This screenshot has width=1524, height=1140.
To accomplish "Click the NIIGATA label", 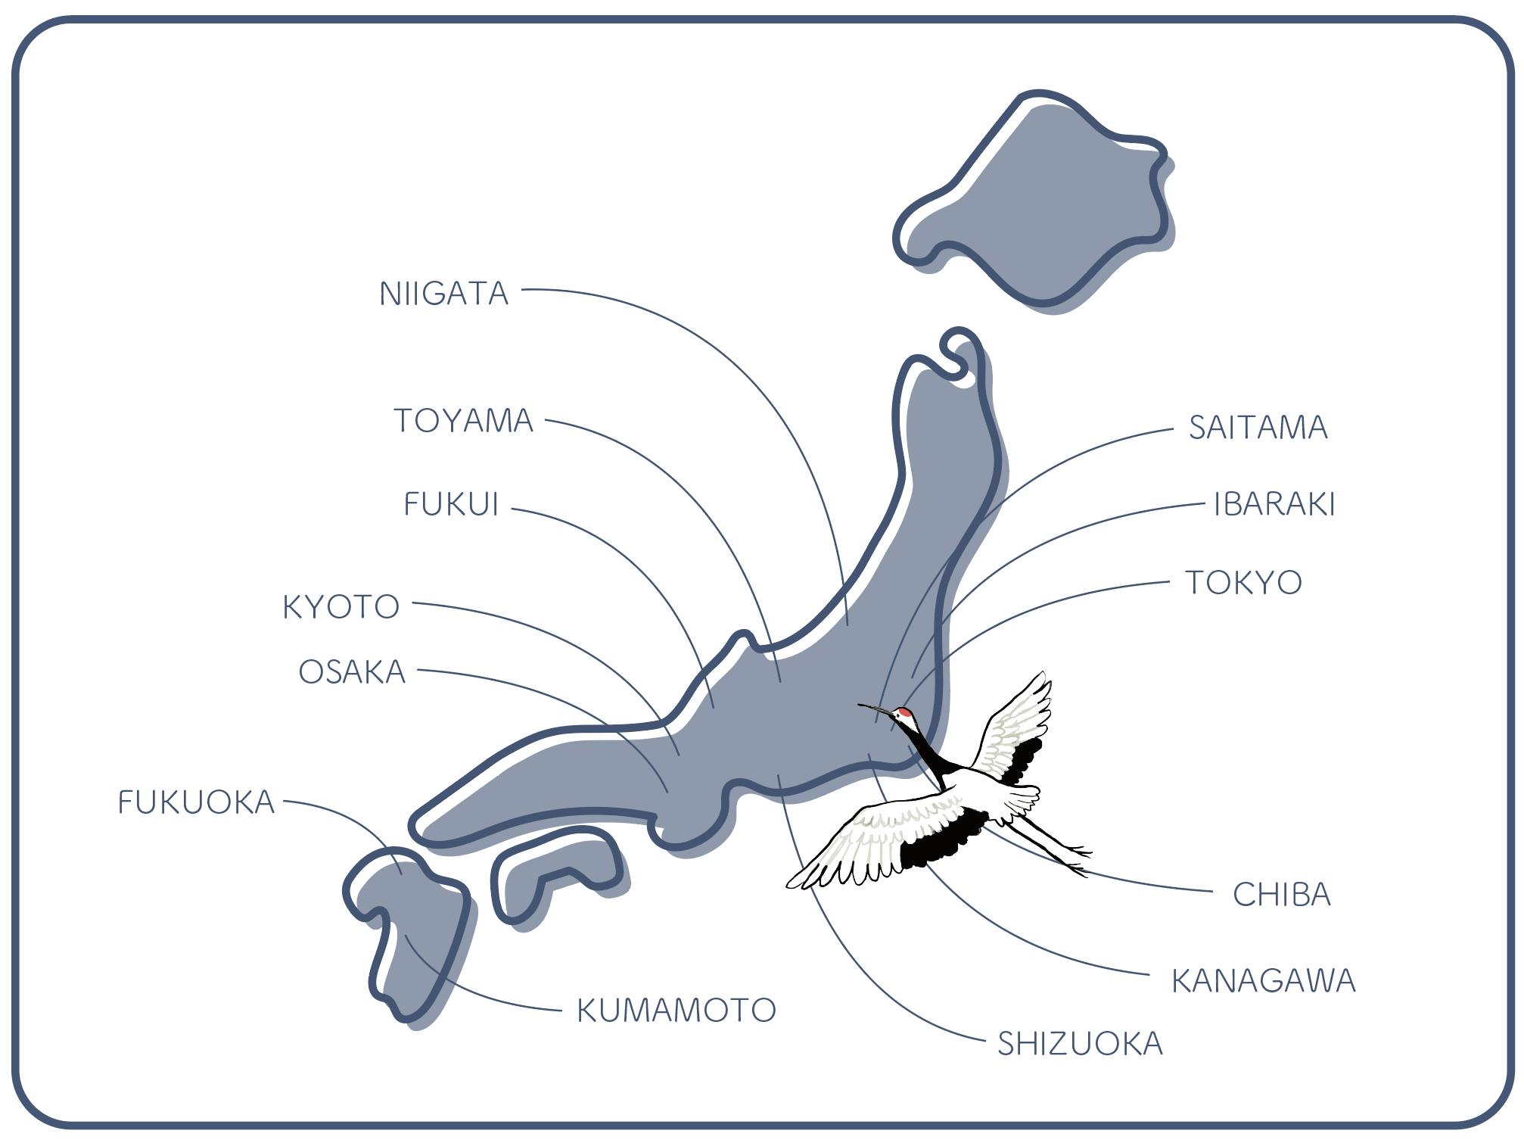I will click(443, 294).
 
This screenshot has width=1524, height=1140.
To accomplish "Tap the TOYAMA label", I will click(463, 421).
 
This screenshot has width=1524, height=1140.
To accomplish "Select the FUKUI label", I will click(451, 504).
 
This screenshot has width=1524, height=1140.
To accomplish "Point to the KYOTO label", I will click(341, 607).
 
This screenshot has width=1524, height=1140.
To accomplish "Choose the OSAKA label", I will click(352, 672).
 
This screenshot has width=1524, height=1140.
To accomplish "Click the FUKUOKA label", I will click(196, 802).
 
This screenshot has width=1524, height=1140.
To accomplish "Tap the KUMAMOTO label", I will click(676, 1011).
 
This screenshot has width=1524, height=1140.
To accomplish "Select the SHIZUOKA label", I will click(1080, 1044).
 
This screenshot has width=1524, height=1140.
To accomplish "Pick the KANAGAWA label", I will click(1263, 981).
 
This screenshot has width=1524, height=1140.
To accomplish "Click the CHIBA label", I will click(1281, 895).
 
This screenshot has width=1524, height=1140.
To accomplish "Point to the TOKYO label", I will click(1243, 583).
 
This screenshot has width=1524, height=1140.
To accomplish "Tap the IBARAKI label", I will click(1274, 505).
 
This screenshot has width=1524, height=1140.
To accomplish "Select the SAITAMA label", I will click(1258, 428).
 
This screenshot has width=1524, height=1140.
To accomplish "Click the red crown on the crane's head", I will click(904, 713).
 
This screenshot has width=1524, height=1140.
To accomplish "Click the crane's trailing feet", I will click(1075, 859).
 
